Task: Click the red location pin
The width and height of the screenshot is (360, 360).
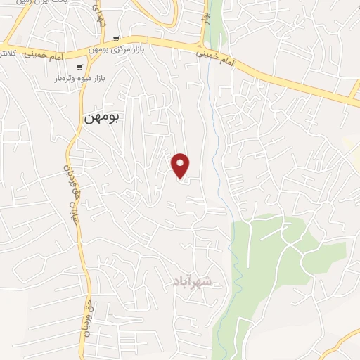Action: tap(181, 165)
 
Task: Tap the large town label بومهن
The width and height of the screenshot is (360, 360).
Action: tap(103, 118)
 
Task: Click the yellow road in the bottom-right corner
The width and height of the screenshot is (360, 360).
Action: tap(345, 341)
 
